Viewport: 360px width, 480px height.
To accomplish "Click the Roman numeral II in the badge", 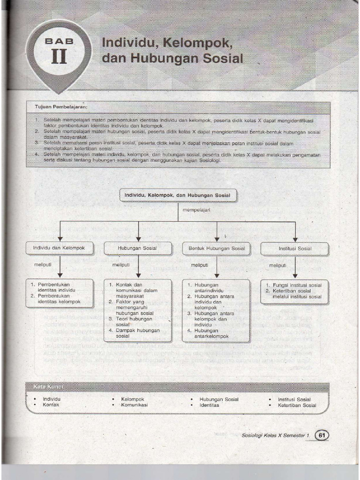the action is point(60,57).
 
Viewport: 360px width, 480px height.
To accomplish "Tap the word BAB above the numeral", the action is point(60,41).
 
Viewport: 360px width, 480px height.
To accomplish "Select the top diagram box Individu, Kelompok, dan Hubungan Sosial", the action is point(178,195).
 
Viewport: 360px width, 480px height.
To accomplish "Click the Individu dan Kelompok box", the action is point(59,247).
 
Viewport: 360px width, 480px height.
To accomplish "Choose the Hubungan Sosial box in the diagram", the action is point(137,248).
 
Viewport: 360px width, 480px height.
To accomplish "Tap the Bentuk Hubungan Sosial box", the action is point(216,248).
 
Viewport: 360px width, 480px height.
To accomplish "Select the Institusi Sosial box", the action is point(295,248).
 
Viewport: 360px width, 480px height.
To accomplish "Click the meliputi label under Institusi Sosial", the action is point(277,265).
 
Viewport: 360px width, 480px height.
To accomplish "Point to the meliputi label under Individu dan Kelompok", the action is point(43,265).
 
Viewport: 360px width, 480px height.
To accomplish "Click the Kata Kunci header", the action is point(48,386).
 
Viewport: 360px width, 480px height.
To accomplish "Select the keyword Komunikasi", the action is point(134,405).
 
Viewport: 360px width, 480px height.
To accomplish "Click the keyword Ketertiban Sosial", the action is point(297,405).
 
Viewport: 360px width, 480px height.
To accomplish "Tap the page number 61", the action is point(322,435).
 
